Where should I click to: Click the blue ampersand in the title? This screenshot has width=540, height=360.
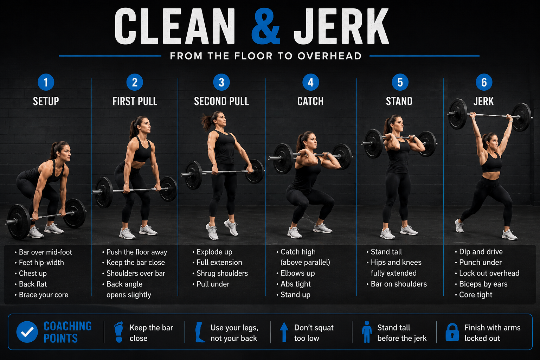(x=265, y=26)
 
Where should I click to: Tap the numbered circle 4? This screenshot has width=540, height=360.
(x=310, y=82)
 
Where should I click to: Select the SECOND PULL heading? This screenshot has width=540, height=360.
(x=221, y=101)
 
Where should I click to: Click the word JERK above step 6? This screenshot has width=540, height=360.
(x=484, y=101)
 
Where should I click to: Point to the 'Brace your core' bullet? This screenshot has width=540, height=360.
(x=41, y=295)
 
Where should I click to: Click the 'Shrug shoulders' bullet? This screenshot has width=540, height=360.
(x=220, y=273)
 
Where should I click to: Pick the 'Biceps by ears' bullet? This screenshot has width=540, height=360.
(x=481, y=284)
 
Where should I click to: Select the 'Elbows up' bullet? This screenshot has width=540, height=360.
(x=296, y=273)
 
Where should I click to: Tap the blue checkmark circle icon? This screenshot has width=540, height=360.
(x=27, y=332)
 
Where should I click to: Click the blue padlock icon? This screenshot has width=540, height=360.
(x=452, y=332)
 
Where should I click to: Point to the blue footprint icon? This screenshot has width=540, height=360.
(x=118, y=332)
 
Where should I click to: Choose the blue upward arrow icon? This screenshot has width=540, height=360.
(x=284, y=332)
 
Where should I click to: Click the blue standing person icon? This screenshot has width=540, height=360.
(x=367, y=332)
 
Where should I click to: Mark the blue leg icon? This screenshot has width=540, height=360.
(x=200, y=332)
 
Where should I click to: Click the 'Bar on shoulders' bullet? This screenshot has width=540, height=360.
(x=397, y=284)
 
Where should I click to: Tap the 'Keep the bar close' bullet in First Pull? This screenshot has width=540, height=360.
(x=134, y=262)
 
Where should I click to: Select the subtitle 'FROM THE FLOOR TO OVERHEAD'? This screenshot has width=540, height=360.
(x=266, y=56)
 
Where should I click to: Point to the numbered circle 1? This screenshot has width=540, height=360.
(x=46, y=82)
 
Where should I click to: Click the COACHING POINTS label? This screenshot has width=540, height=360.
(x=67, y=332)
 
